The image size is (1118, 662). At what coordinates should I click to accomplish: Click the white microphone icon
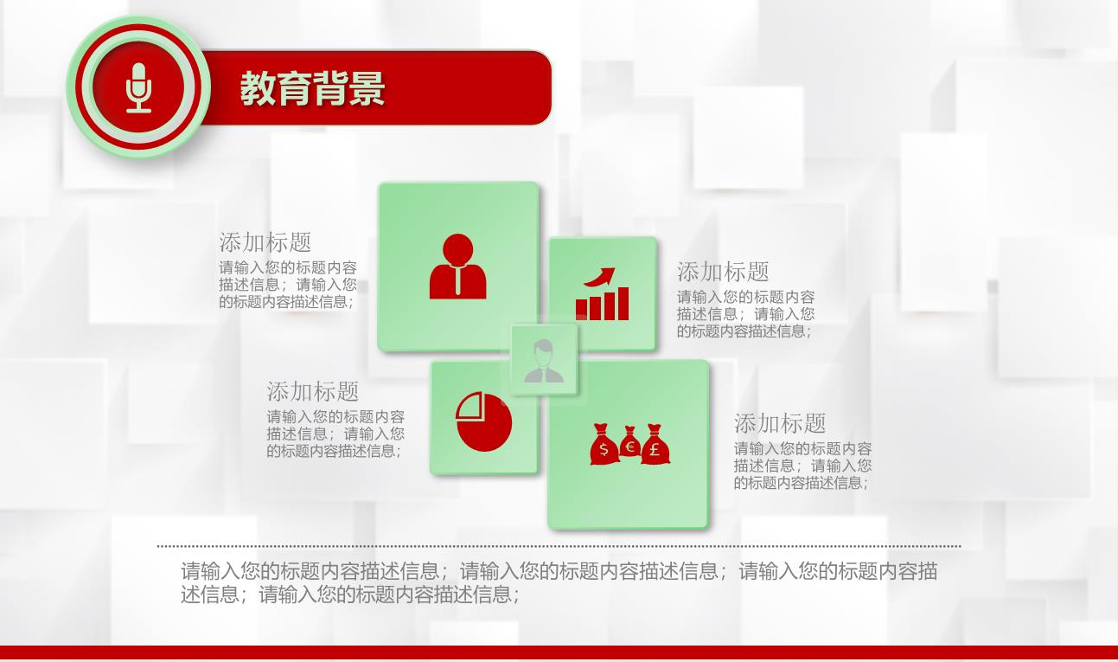point(138,87)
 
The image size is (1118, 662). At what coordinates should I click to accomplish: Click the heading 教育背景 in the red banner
point(312,88)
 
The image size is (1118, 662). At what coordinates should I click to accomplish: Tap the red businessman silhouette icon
point(457,267)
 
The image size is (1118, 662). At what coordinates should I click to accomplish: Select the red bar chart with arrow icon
point(602,293)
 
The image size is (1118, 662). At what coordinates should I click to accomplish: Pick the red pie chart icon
point(483,421)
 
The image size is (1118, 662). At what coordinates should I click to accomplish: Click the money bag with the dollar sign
point(604,445)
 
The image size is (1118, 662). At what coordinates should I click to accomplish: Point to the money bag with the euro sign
point(629,441)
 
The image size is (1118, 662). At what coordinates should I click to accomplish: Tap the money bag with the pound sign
point(655,445)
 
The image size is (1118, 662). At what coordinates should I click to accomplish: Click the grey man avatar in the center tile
point(544,361)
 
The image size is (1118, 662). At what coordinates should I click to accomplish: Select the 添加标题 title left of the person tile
point(265,242)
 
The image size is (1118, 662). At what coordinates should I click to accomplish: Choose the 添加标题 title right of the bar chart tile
point(723,272)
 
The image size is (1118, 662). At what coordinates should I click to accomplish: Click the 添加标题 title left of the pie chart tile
point(312,391)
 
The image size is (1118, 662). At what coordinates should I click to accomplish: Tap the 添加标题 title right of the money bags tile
point(780,423)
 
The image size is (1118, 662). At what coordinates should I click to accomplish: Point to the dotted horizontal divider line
point(559,546)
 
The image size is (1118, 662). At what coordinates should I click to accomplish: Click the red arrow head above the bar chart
point(607,274)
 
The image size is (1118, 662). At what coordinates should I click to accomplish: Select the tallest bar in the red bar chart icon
point(623,303)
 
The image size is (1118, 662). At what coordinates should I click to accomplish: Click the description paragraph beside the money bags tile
point(802,466)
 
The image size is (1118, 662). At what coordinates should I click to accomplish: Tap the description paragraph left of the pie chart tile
point(335,434)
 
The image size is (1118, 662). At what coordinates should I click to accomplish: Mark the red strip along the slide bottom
point(559,653)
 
